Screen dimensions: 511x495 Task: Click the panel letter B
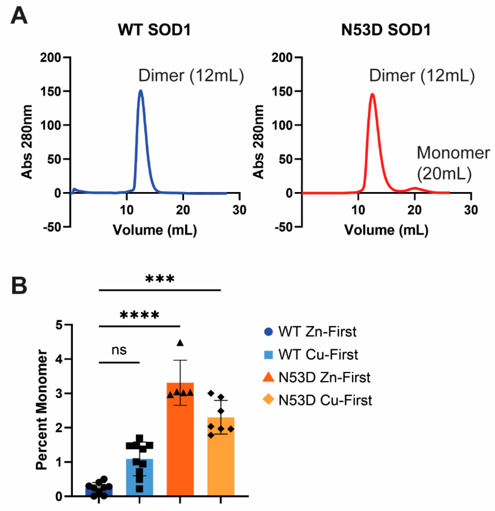click(19, 286)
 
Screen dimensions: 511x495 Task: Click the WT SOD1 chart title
click(154, 30)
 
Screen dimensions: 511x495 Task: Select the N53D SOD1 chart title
click(386, 30)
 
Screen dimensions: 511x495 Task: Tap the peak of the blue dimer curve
click(141, 91)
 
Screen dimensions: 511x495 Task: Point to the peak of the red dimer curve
click(372, 94)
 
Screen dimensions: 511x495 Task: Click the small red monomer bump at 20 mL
click(415, 188)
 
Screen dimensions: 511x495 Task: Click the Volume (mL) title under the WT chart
click(155, 230)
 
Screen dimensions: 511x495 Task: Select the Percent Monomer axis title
click(42, 409)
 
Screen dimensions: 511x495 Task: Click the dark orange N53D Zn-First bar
click(180, 443)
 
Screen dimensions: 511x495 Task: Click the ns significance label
click(119, 350)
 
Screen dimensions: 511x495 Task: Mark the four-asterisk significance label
click(139, 315)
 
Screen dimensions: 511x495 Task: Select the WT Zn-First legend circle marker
click(268, 332)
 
